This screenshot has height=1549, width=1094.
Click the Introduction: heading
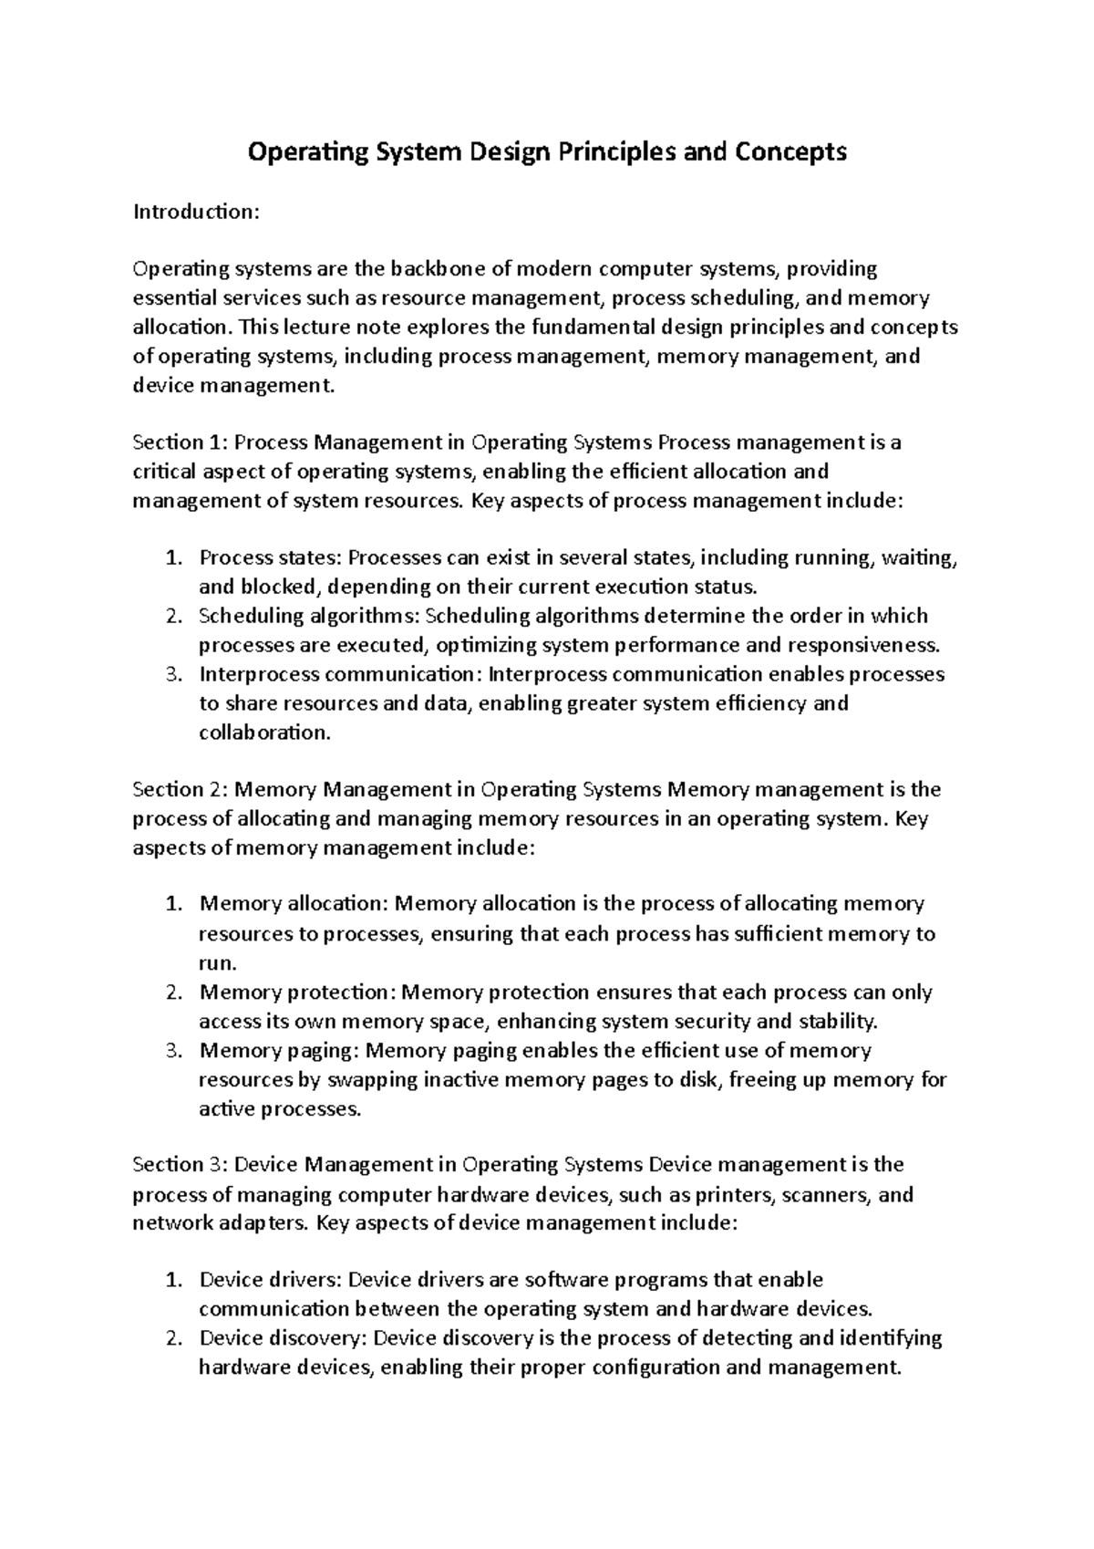click(x=196, y=212)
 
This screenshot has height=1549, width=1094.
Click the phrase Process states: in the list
click(x=271, y=557)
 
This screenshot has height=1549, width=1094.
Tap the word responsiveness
click(x=862, y=646)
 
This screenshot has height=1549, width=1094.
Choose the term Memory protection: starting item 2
click(x=298, y=992)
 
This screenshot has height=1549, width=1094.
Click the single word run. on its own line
click(x=218, y=962)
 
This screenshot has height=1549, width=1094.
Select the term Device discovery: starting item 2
click(x=283, y=1338)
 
